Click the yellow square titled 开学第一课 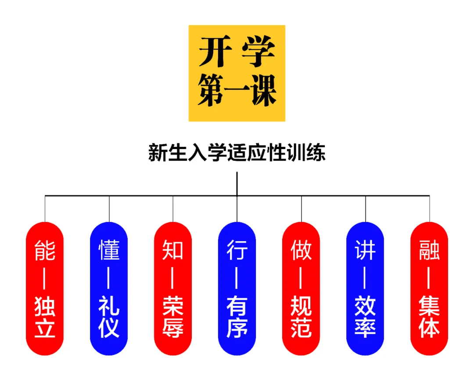point(237,73)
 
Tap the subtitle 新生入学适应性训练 point(237,154)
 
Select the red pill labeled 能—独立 point(45,289)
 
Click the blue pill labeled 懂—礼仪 point(109,289)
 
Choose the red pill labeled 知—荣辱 point(173,289)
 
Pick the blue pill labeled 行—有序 point(237,289)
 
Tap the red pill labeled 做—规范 point(301,289)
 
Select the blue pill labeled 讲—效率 point(365,289)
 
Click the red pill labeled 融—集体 point(429,289)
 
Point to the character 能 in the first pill point(45,250)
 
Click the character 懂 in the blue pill point(109,250)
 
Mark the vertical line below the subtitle point(237,183)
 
